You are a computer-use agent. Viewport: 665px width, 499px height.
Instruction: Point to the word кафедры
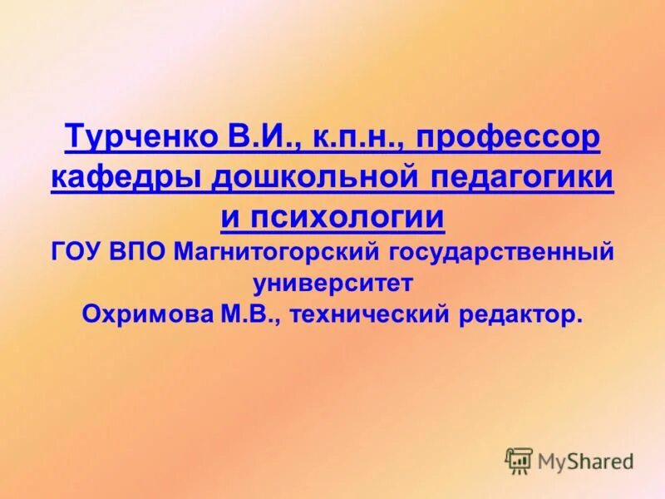123,178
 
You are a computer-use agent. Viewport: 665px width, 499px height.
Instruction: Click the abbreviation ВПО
140,250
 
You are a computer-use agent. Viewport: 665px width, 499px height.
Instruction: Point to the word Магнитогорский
273,251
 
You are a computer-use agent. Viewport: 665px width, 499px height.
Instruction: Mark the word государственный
498,251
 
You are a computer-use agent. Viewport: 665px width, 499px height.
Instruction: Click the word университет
332,283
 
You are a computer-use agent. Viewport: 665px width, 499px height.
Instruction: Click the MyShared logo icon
519,460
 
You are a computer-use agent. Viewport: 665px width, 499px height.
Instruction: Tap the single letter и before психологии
230,217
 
